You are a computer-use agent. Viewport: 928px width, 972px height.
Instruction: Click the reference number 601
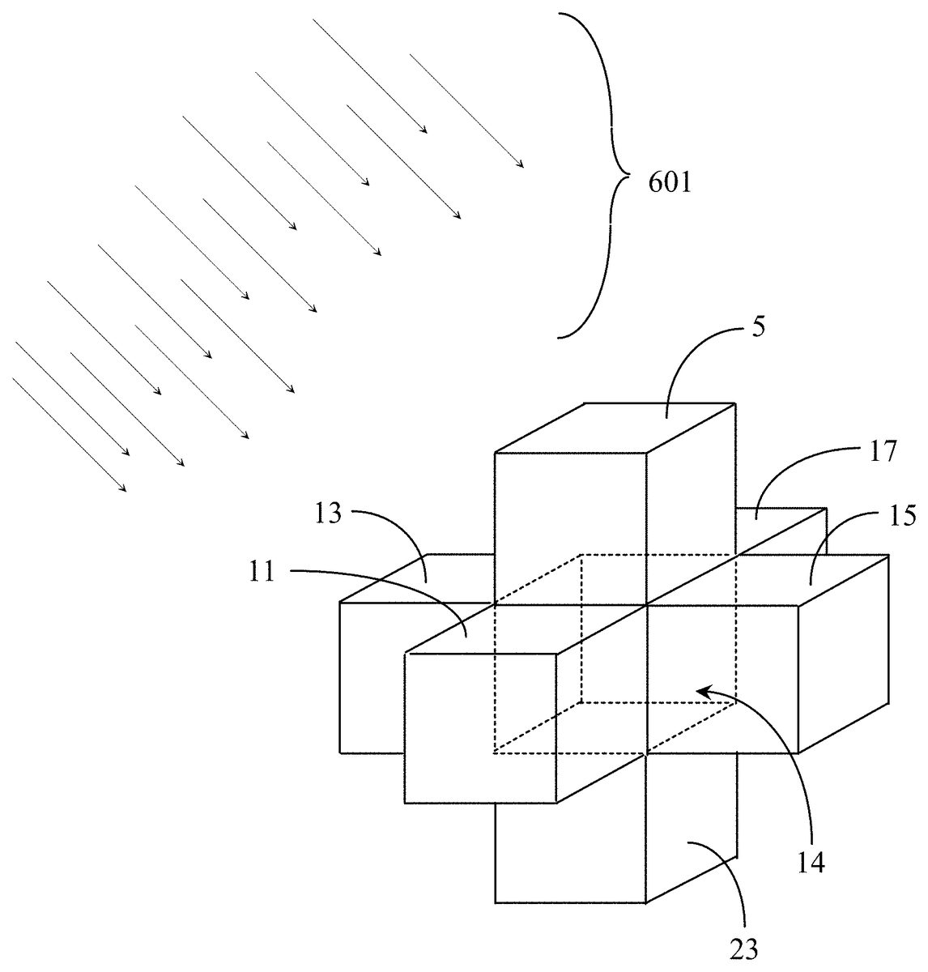(670, 184)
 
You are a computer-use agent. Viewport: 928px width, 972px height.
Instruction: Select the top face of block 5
(615, 428)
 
